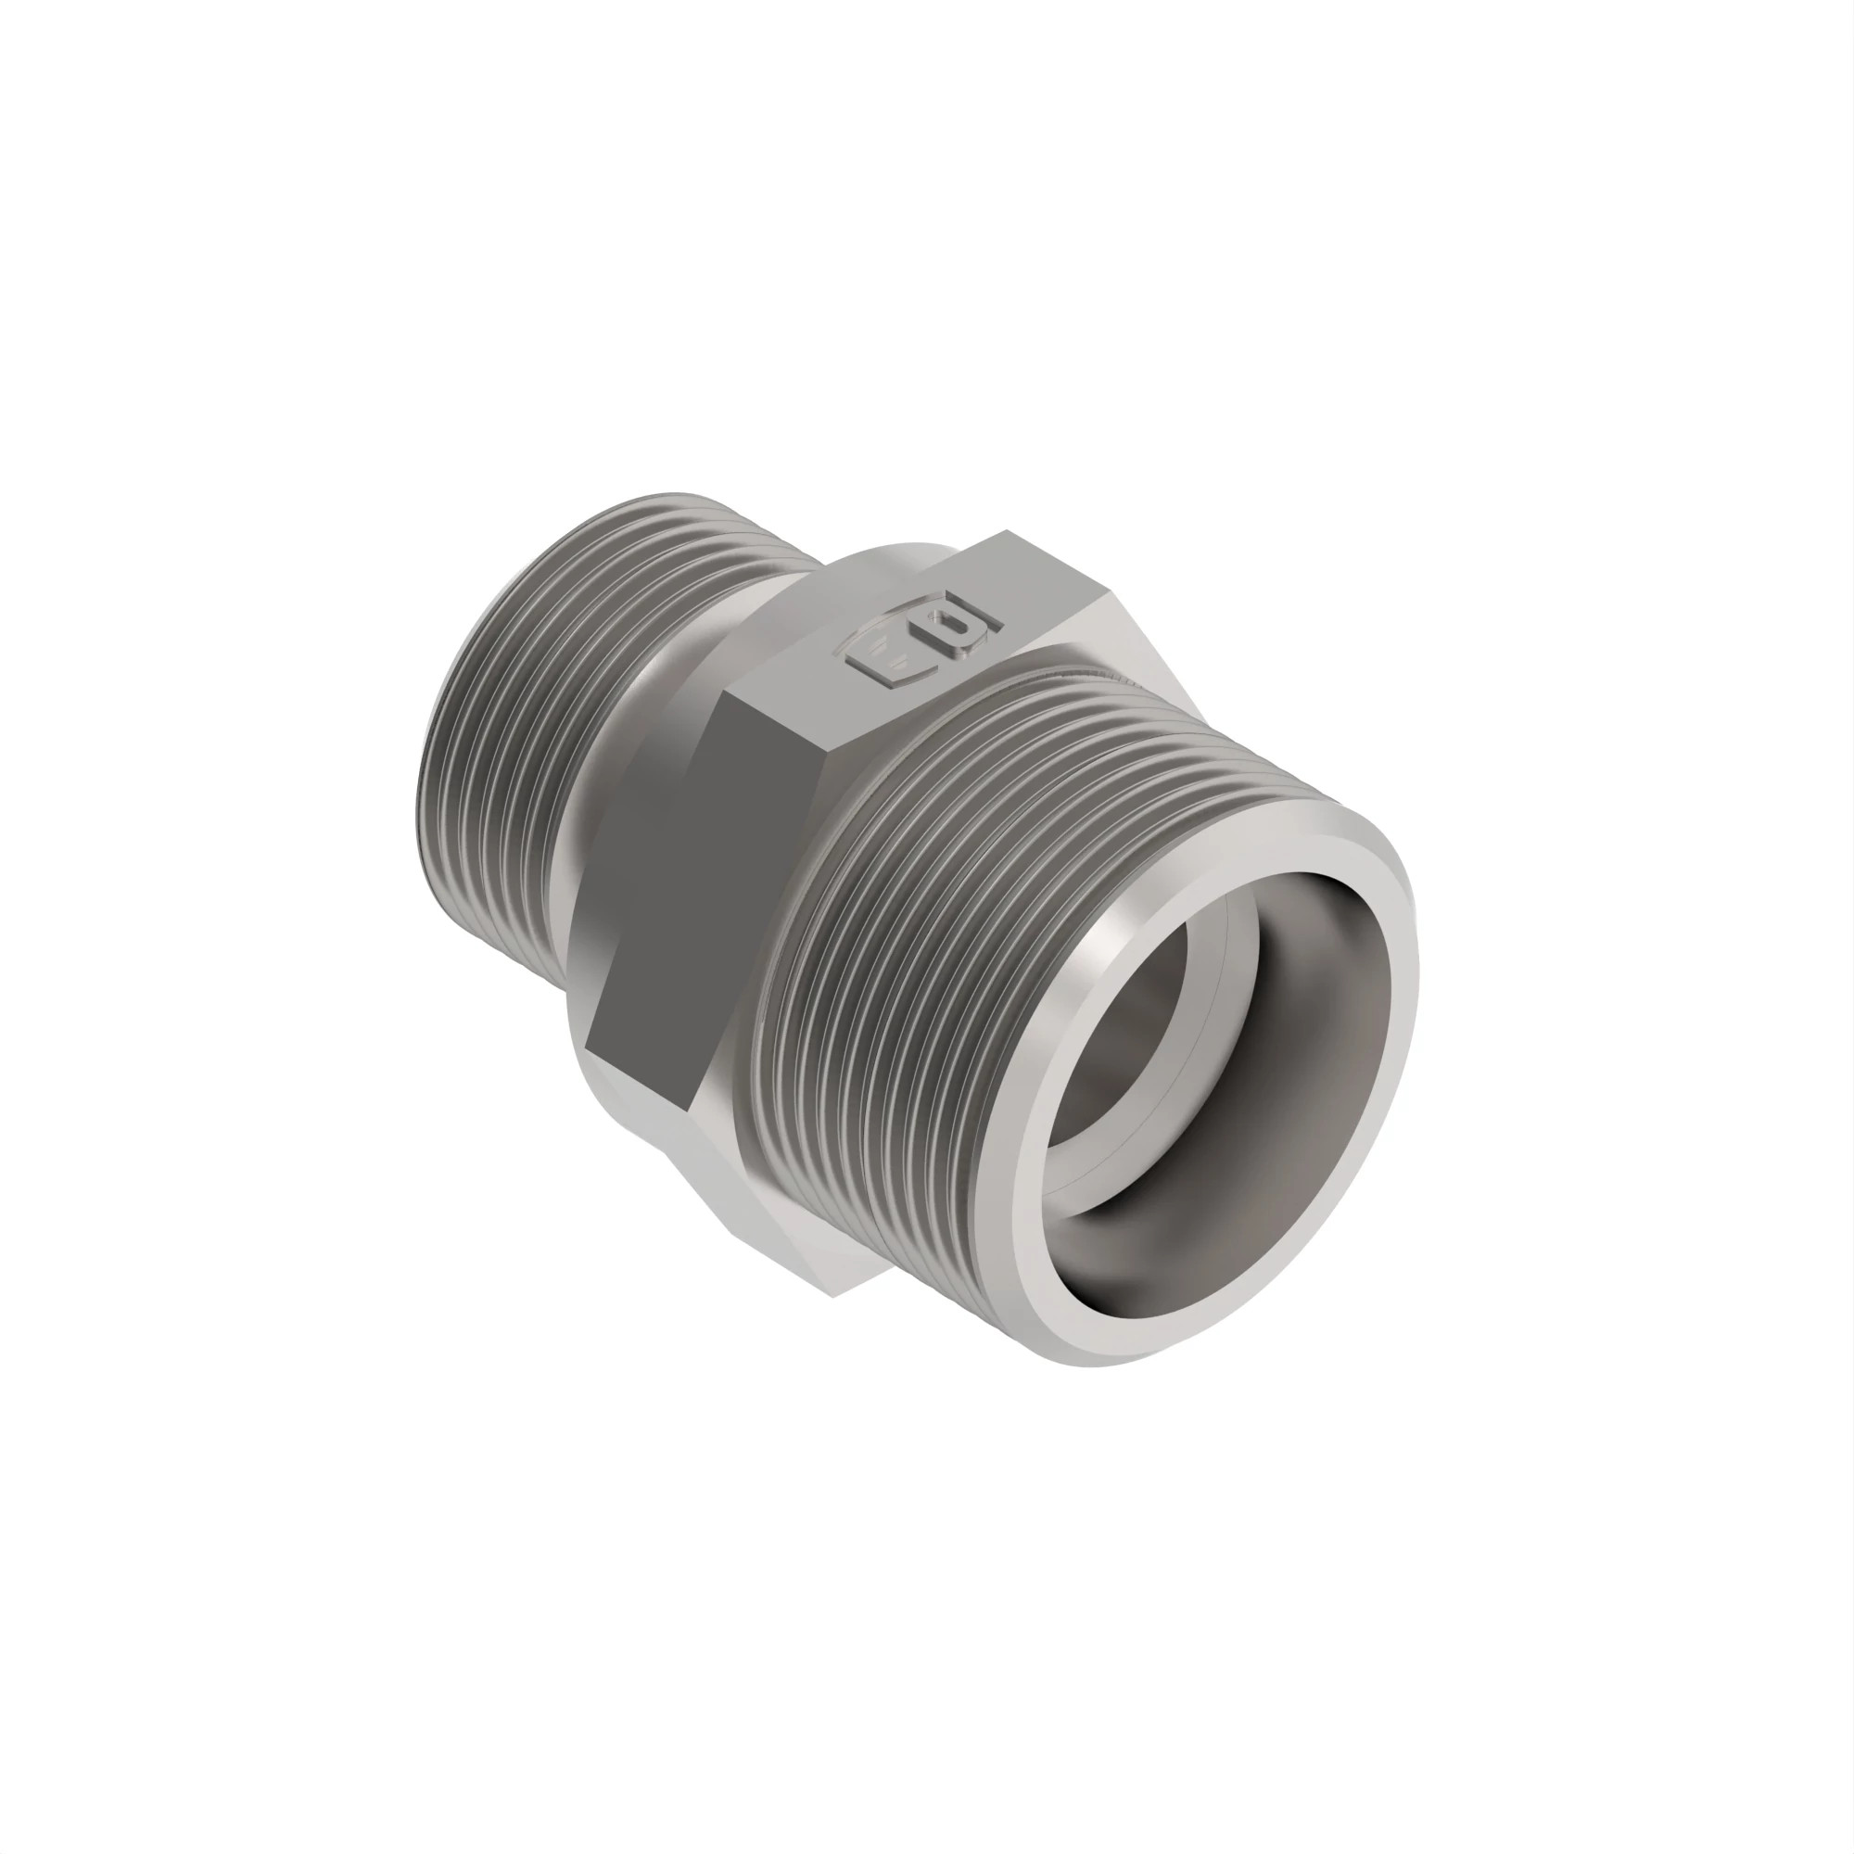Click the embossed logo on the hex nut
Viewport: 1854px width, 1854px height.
[921, 644]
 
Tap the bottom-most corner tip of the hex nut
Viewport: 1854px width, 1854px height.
[834, 1297]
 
